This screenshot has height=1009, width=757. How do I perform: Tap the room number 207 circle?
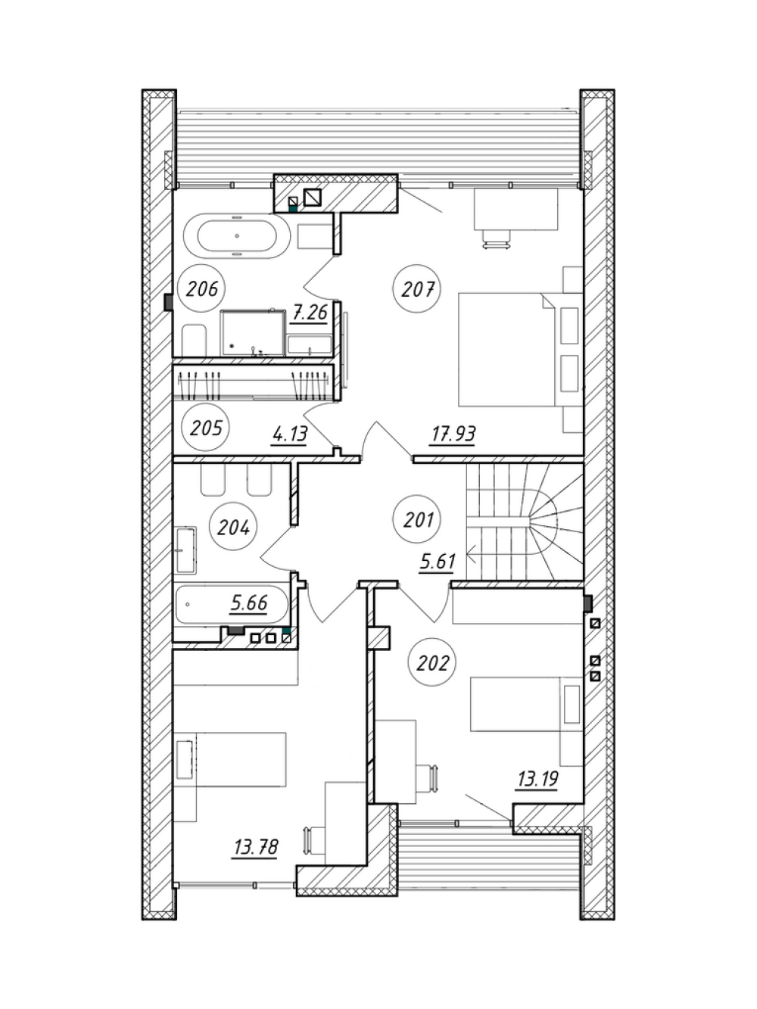click(x=417, y=289)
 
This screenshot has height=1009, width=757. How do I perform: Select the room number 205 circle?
click(x=205, y=428)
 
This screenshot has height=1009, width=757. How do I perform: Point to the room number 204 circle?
click(x=232, y=528)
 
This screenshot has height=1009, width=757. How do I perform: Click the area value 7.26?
click(x=310, y=313)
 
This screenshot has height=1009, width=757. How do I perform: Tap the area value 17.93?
click(x=453, y=434)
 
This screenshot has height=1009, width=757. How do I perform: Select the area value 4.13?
click(x=290, y=434)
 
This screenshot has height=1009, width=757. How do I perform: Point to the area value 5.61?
click(x=437, y=562)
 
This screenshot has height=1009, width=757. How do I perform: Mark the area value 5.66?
click(x=249, y=603)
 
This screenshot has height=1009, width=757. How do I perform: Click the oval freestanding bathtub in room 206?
click(x=237, y=236)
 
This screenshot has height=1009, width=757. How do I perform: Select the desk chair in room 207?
click(x=496, y=238)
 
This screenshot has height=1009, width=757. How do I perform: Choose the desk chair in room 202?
click(x=425, y=778)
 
